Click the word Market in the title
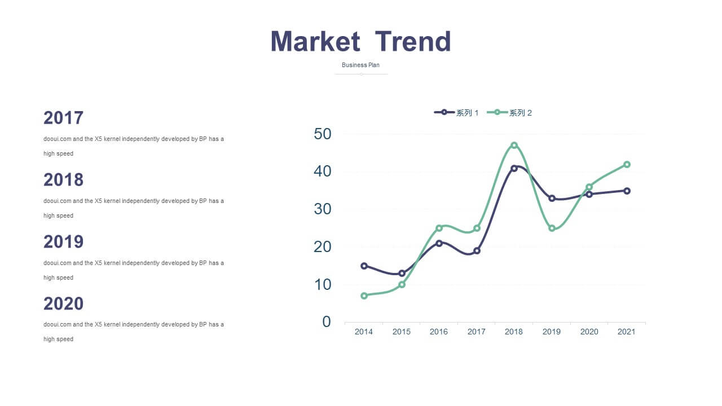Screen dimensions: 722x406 pyautogui.click(x=315, y=41)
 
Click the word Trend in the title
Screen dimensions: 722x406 pyautogui.click(x=413, y=41)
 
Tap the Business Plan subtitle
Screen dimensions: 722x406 pyautogui.click(x=360, y=65)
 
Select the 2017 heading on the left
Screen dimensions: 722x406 pyautogui.click(x=64, y=118)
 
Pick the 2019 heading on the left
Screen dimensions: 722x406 pyautogui.click(x=64, y=242)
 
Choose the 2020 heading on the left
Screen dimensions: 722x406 pyautogui.click(x=64, y=303)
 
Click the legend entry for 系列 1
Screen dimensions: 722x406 pyautogui.click(x=456, y=113)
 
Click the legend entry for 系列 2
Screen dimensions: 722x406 pyautogui.click(x=509, y=113)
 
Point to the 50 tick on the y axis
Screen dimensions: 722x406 pyautogui.click(x=322, y=134)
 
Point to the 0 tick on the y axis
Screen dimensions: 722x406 pyautogui.click(x=327, y=321)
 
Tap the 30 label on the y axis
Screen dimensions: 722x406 pyautogui.click(x=322, y=209)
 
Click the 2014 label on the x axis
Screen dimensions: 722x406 pyautogui.click(x=364, y=332)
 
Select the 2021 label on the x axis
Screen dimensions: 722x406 pyautogui.click(x=626, y=332)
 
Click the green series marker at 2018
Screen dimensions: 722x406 pyautogui.click(x=514, y=145)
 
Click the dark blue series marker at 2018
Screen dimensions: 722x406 pyautogui.click(x=514, y=168)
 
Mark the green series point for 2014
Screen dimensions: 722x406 pyautogui.click(x=364, y=296)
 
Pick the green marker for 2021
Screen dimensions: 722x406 pyautogui.click(x=627, y=165)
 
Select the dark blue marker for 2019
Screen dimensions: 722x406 pyautogui.click(x=552, y=198)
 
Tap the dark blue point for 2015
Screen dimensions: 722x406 pyautogui.click(x=402, y=273)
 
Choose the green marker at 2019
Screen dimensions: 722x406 pyautogui.click(x=552, y=228)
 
